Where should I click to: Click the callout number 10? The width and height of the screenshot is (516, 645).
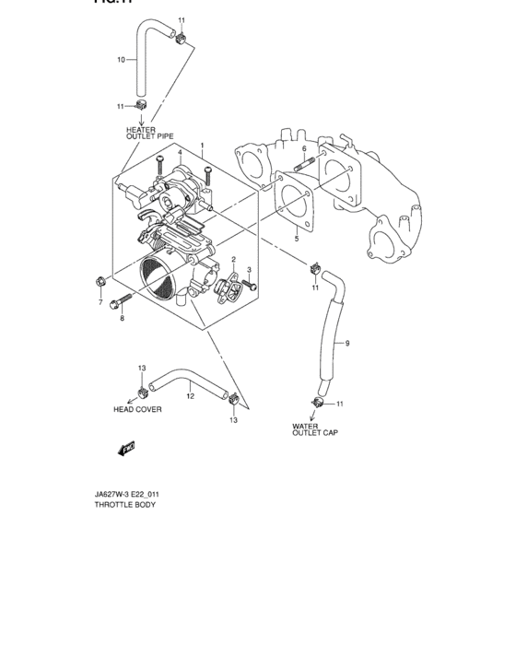(121, 60)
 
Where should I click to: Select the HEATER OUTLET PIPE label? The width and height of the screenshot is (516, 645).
(149, 133)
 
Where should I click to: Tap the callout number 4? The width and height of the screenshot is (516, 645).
(181, 152)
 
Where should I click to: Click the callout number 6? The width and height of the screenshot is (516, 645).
(303, 147)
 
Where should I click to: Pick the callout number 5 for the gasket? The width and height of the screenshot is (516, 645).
(297, 239)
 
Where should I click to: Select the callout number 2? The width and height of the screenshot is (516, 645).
(234, 260)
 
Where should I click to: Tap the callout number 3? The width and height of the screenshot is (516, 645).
(250, 269)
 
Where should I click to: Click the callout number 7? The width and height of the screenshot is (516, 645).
(99, 301)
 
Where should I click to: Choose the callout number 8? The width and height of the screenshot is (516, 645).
(121, 318)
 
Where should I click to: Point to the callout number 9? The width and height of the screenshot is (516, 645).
(347, 344)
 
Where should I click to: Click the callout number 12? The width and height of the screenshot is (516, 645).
(189, 397)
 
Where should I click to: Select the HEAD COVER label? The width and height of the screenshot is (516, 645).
(137, 410)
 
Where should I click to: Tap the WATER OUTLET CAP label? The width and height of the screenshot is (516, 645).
(315, 429)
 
